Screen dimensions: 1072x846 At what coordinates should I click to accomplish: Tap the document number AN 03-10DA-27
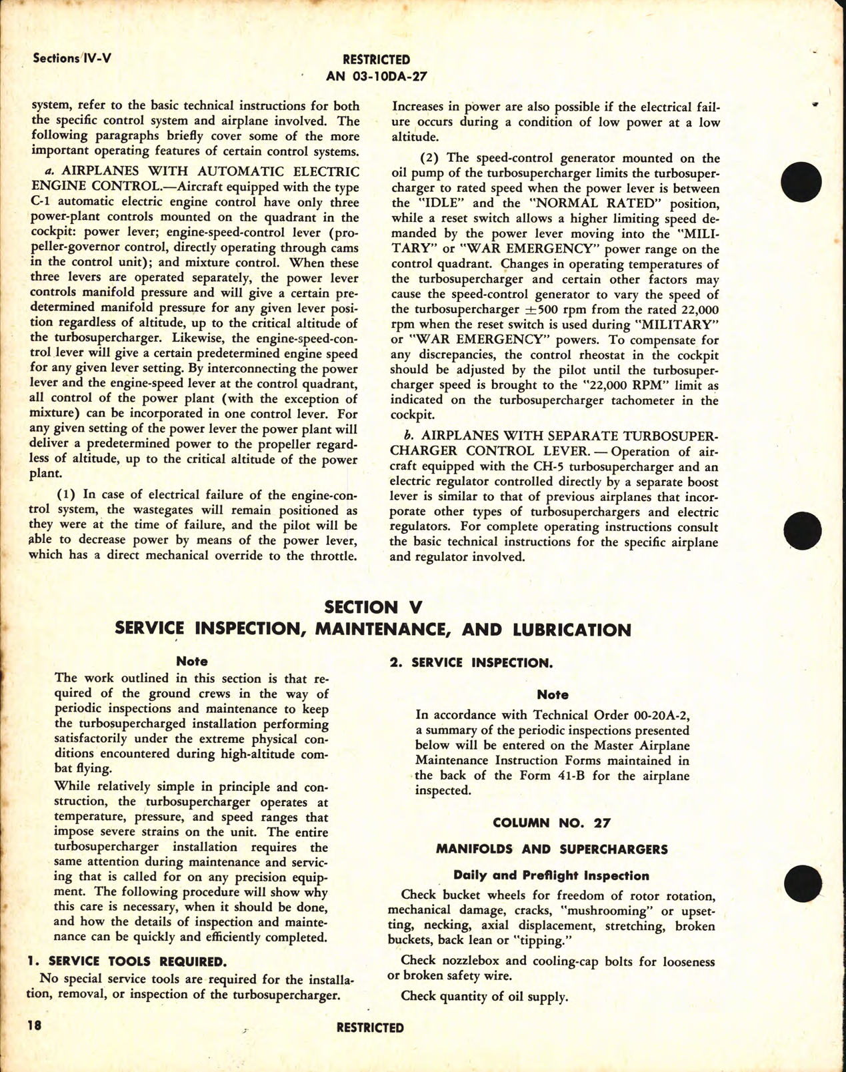click(376, 77)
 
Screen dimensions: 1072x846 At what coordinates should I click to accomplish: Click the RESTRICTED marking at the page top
click(376, 60)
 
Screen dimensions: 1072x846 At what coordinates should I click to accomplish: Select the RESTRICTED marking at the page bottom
click(370, 1028)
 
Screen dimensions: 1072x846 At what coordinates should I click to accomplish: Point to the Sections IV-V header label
click(72, 59)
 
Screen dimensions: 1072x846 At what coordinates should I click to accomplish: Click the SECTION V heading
click(373, 607)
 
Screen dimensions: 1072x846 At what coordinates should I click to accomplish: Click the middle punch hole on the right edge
click(803, 530)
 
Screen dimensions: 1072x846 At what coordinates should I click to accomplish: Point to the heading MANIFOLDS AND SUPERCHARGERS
click(551, 849)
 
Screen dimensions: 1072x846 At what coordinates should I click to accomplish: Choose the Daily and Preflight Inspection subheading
click(551, 875)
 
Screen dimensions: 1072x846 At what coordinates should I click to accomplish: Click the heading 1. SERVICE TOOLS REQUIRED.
click(127, 961)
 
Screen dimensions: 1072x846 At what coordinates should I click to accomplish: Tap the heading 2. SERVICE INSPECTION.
click(471, 663)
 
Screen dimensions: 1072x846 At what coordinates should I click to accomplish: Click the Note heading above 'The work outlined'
click(191, 662)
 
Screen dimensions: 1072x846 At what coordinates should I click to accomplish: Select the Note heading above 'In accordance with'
click(553, 695)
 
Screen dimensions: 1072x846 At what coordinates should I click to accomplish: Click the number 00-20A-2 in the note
click(659, 715)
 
